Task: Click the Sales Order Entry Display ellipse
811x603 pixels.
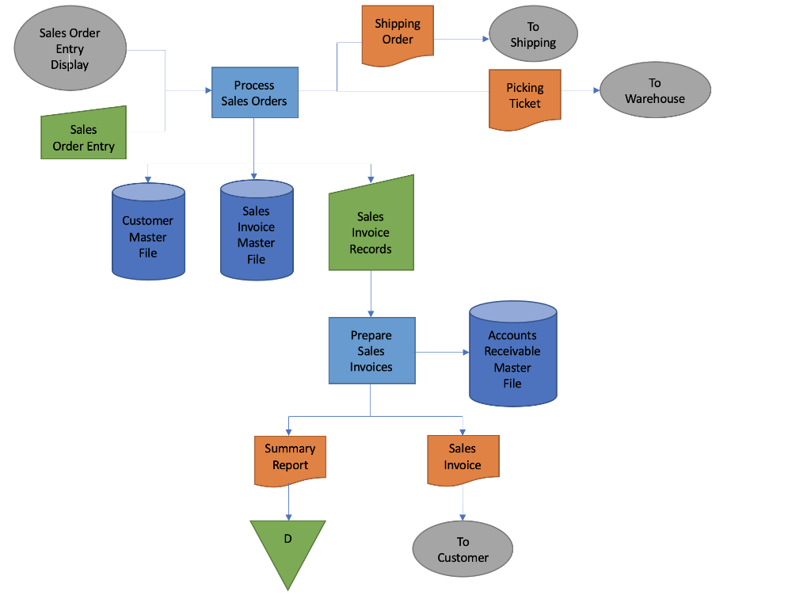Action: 70,48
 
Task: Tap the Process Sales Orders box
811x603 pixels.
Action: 254,93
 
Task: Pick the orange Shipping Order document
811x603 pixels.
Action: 398,33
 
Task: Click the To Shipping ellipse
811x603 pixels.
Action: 533,35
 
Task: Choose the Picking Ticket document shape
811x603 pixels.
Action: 524,97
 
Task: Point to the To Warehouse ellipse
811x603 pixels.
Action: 654,90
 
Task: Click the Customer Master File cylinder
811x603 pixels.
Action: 148,234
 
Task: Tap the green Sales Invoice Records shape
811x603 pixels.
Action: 371,230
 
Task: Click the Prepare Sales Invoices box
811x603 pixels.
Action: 371,351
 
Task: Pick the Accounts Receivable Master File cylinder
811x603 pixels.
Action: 512,357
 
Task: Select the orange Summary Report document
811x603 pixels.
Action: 290,458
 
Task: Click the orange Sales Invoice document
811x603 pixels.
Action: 463,458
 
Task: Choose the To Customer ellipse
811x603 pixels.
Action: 463,549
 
